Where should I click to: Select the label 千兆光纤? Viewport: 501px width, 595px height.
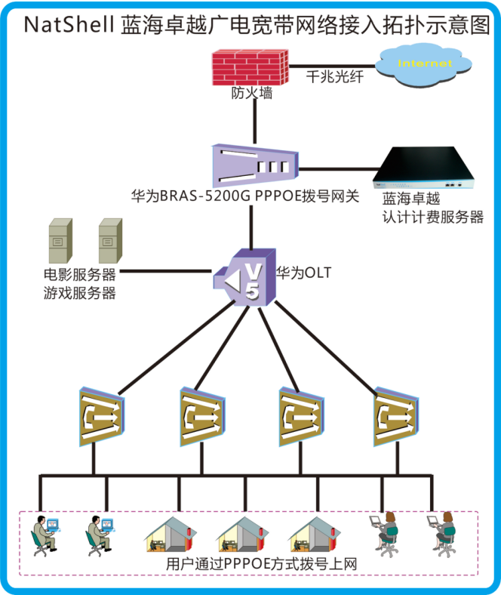click(x=334, y=77)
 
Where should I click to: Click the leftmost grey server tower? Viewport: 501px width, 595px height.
click(x=60, y=240)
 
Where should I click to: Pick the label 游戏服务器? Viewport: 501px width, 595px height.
click(x=79, y=293)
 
